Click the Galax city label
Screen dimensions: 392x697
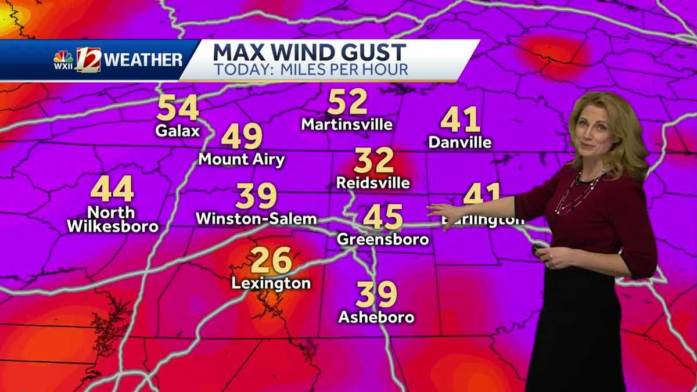click(177, 131)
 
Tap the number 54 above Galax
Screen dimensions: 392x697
click(178, 109)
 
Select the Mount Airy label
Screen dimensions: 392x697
click(242, 159)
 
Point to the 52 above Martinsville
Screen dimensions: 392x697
click(347, 103)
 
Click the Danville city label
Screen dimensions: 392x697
click(460, 142)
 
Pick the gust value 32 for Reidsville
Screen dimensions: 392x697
click(374, 161)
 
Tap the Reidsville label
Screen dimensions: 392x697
click(373, 183)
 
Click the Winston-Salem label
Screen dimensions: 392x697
click(256, 219)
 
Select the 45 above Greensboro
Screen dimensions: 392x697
click(383, 217)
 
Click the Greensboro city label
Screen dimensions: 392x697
click(383, 239)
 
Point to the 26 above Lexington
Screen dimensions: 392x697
click(271, 261)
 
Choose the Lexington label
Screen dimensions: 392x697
click(271, 283)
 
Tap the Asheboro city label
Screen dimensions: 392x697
click(376, 317)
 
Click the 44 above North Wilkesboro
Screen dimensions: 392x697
click(112, 189)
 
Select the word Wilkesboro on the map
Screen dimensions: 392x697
click(113, 226)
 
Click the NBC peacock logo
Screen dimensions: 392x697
click(63, 57)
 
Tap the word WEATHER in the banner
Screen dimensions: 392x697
click(143, 60)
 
